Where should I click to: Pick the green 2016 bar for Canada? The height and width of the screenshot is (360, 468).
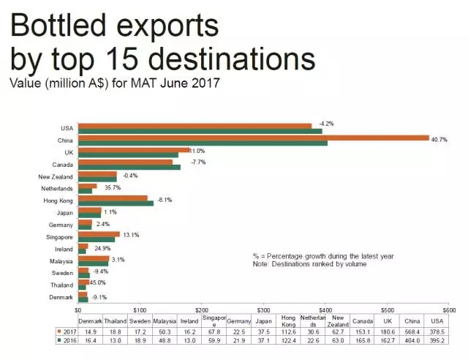click(x=129, y=168)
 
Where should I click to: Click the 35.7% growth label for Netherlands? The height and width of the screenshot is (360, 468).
click(x=113, y=188)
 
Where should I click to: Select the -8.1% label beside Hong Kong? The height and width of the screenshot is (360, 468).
click(x=166, y=200)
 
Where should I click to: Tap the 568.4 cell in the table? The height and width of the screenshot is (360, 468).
click(x=411, y=331)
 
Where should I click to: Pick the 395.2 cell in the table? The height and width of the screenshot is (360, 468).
click(x=436, y=340)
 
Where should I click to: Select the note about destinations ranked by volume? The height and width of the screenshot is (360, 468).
click(x=311, y=263)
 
